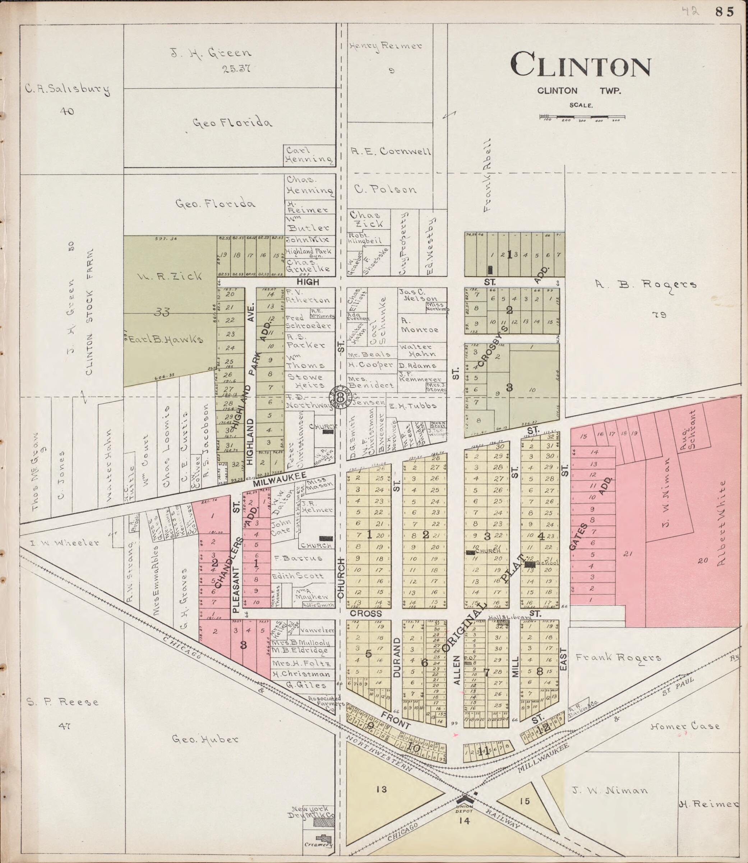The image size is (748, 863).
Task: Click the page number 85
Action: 724,12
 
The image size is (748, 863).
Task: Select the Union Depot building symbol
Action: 463,800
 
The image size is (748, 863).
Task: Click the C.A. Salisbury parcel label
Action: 67,89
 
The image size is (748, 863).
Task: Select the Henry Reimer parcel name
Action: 386,46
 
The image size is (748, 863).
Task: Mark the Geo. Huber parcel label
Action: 206,739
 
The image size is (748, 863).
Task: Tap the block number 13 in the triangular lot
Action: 381,789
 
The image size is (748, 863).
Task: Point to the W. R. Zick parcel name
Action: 169,276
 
